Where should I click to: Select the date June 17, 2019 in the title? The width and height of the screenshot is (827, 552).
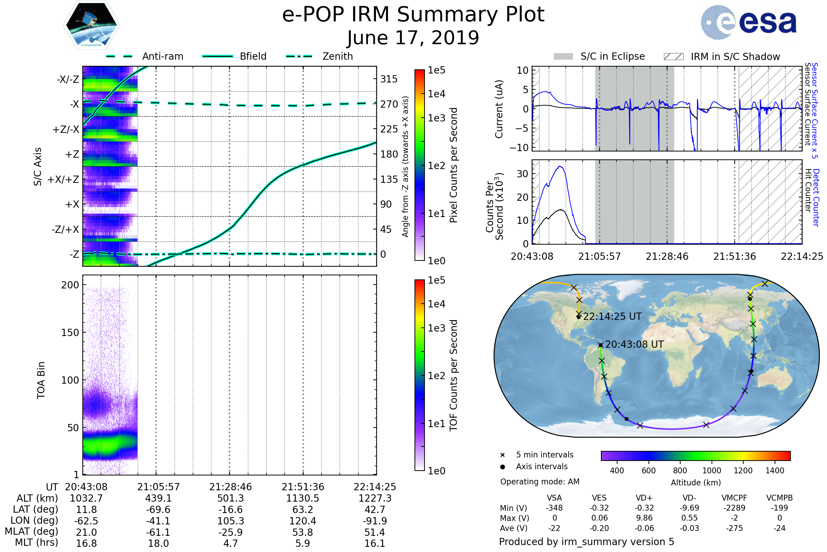[x=413, y=38]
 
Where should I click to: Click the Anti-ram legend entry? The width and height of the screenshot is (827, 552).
[x=162, y=56]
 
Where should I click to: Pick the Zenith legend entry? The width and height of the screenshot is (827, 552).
[x=337, y=56]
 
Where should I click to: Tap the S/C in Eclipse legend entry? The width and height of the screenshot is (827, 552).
[x=612, y=56]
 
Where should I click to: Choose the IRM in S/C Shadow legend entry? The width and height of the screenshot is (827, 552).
[x=735, y=57]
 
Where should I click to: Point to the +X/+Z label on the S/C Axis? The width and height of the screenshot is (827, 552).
[x=63, y=179]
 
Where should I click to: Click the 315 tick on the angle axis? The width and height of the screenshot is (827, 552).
[x=389, y=79]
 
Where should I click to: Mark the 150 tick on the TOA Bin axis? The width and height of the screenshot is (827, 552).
[x=70, y=333]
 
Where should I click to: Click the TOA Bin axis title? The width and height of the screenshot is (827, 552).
[x=41, y=380]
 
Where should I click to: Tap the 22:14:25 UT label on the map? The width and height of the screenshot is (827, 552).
[x=612, y=316]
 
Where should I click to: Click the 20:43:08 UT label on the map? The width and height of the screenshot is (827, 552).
[x=634, y=344]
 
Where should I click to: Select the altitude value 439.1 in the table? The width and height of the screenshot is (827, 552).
[x=158, y=498]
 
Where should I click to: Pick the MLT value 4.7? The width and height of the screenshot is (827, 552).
[x=230, y=543]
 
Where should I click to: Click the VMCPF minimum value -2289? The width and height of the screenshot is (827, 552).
[x=734, y=508]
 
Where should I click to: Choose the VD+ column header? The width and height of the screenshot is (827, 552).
[x=644, y=498]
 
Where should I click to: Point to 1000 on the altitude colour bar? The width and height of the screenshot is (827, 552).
[x=711, y=471]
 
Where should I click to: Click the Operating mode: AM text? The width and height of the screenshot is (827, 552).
[x=540, y=482]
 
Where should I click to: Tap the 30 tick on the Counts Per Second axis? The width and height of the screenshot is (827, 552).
[x=522, y=174]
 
